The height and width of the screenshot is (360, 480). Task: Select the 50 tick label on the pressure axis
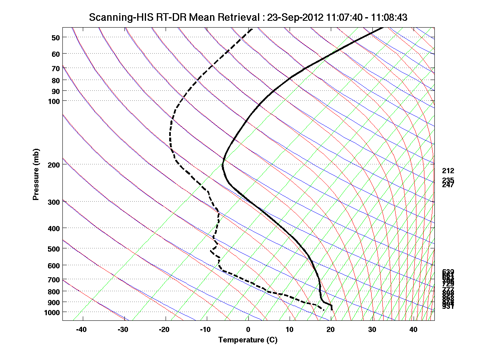(x=56, y=38)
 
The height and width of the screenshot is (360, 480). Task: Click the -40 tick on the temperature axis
(x=82, y=330)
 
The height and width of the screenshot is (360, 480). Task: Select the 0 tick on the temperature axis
(x=248, y=330)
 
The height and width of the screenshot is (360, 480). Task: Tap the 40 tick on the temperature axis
(x=414, y=330)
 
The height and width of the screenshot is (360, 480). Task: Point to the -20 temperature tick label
(x=164, y=330)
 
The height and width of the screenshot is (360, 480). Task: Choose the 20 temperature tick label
(x=331, y=330)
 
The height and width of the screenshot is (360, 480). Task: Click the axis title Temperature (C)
(x=248, y=340)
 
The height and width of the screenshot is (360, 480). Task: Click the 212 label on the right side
(x=448, y=171)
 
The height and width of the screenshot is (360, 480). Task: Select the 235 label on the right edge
(x=448, y=180)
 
